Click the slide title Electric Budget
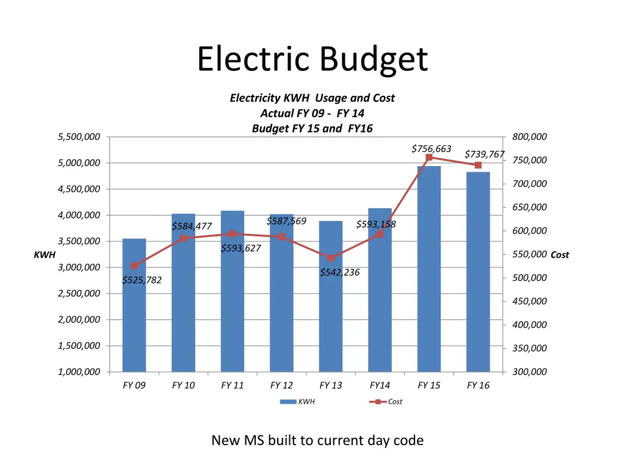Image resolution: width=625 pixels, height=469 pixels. (312, 60)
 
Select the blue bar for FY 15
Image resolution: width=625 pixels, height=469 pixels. (428, 269)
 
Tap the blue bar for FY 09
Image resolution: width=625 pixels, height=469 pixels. (134, 305)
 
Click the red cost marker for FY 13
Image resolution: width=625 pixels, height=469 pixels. (331, 258)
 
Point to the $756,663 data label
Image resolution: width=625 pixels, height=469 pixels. (431, 149)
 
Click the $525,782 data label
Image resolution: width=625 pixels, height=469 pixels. (142, 280)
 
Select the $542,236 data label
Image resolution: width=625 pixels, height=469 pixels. (339, 272)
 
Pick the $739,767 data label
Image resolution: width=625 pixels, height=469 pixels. (484, 155)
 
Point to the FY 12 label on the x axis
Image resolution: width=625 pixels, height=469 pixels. (281, 385)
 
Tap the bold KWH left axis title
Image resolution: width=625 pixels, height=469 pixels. (45, 255)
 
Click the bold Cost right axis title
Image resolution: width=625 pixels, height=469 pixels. (559, 255)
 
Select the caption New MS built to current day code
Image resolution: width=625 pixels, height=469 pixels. (317, 440)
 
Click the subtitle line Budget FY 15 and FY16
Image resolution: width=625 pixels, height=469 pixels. (312, 128)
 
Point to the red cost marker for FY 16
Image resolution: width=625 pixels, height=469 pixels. (478, 165)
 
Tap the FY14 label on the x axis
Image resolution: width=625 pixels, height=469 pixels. (380, 385)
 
